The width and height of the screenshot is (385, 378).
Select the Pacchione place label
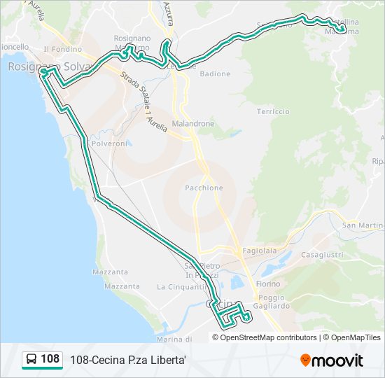tap(204, 188)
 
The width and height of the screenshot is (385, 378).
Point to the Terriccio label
tap(272, 111)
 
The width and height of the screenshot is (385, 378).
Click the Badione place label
tap(215, 73)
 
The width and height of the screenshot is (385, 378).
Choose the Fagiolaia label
tap(259, 251)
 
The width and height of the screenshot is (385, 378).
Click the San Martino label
tap(363, 225)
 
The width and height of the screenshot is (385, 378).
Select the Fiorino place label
tap(267, 284)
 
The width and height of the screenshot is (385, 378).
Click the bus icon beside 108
tap(31, 360)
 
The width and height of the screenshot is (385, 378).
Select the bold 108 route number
tap(50, 359)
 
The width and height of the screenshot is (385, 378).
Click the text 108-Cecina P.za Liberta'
tap(127, 360)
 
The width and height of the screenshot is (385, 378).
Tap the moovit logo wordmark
tap(338, 360)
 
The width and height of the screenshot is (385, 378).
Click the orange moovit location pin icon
tap(306, 360)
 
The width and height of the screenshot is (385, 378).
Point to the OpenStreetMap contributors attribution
tap(268, 337)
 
